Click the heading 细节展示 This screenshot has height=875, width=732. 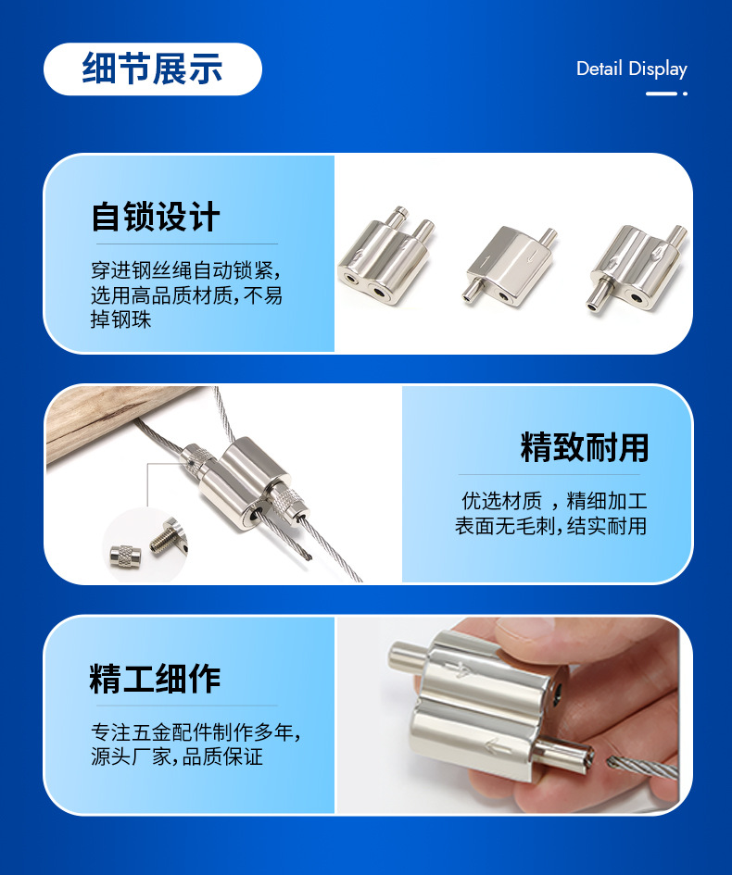click(153, 69)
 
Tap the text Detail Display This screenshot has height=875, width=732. click(632, 69)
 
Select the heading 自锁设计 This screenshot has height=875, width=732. click(156, 217)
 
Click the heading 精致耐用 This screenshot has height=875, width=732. click(584, 447)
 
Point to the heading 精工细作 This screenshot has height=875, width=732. click(155, 678)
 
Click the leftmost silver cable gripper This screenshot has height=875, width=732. click(385, 256)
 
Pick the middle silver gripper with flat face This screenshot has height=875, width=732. click(510, 264)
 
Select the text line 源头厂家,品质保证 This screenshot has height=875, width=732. click(176, 756)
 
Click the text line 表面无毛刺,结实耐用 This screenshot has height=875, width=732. click(550, 526)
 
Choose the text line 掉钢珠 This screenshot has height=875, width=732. click(121, 319)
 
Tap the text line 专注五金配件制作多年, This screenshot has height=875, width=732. click(196, 732)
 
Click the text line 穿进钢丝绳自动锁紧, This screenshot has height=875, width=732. click(186, 270)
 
